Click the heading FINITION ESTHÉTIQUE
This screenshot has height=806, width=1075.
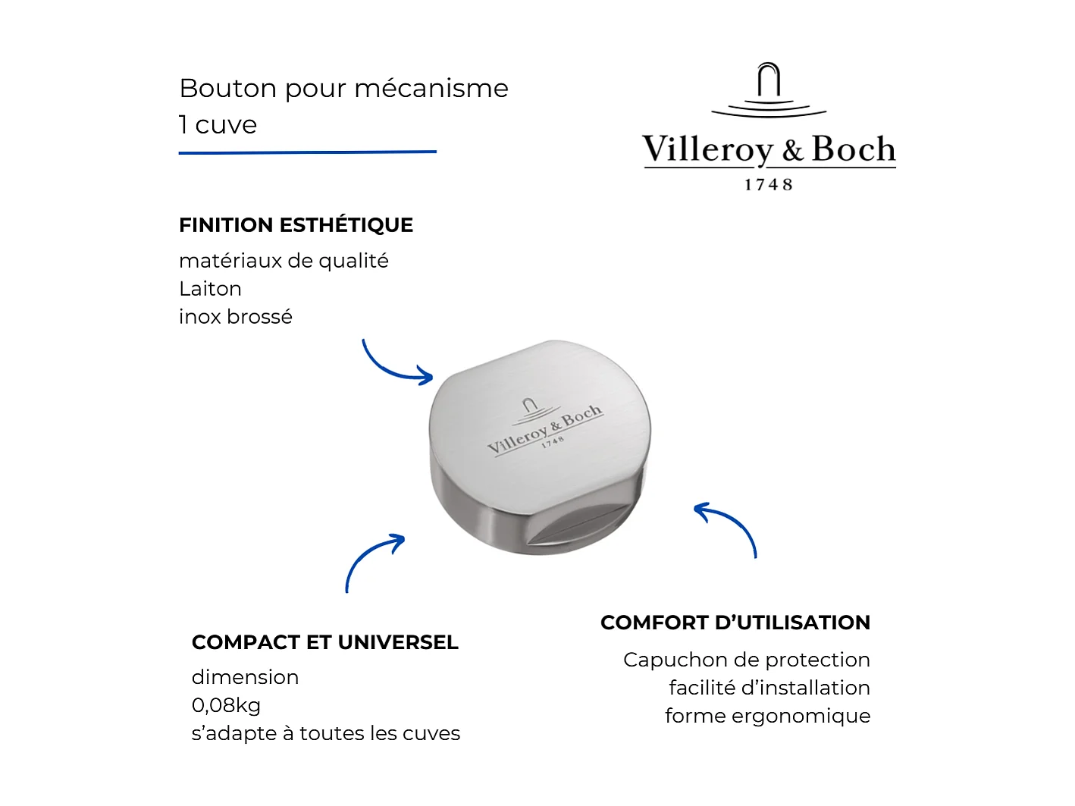click(x=296, y=225)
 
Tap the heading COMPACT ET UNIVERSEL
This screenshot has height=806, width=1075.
click(x=324, y=642)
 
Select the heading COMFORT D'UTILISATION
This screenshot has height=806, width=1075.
click(x=735, y=623)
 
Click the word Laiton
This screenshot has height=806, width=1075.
click(x=210, y=289)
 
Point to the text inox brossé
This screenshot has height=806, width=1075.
click(x=235, y=317)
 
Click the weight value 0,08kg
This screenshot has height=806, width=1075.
click(x=226, y=705)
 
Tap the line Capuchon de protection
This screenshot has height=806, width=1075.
click(x=746, y=660)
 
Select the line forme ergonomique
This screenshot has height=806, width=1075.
click(x=767, y=716)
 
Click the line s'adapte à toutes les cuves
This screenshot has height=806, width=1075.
click(x=325, y=733)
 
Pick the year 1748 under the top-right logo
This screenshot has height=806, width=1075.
click(x=768, y=185)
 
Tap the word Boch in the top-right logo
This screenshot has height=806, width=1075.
click(x=853, y=149)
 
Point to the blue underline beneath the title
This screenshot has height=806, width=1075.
click(x=307, y=152)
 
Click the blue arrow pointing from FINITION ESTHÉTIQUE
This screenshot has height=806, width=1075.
click(x=394, y=365)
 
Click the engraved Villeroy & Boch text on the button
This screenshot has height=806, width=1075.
click(x=544, y=430)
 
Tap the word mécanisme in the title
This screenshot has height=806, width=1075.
click(x=431, y=89)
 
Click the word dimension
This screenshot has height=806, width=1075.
click(x=245, y=677)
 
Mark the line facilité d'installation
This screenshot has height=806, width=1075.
click(x=769, y=688)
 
